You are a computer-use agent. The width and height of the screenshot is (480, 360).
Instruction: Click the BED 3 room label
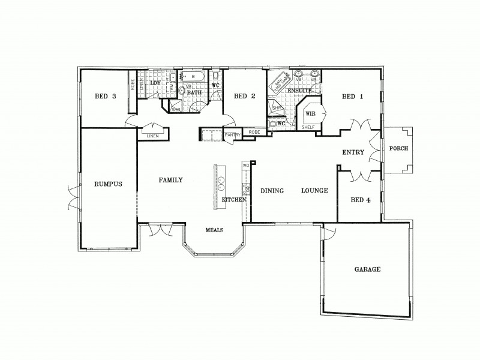tap(105, 96)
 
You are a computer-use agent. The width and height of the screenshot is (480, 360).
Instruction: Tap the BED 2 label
tap(245, 96)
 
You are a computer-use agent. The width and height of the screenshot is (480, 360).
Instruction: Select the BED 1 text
tap(352, 96)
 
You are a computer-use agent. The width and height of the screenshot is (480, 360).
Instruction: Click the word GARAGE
tap(367, 269)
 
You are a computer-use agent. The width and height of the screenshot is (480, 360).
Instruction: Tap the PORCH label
tap(399, 149)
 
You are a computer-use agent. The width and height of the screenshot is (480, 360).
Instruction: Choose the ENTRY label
tap(353, 152)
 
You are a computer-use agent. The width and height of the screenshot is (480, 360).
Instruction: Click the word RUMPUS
tap(108, 184)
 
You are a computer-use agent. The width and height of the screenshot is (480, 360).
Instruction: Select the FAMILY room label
tap(170, 179)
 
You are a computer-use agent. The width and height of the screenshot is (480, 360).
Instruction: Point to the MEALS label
tap(215, 229)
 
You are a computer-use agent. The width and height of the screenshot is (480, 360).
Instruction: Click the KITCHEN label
tap(234, 199)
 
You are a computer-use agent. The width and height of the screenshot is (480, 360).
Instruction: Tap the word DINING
tap(272, 191)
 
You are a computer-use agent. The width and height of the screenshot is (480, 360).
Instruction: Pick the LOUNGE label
tap(314, 191)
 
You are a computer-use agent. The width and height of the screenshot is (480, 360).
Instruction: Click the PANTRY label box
tap(233, 136)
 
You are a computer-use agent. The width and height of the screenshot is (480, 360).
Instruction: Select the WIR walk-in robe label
tap(311, 113)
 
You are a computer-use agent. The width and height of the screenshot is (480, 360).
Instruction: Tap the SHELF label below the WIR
tap(308, 127)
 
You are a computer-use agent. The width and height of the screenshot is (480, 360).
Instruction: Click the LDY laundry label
tap(155, 83)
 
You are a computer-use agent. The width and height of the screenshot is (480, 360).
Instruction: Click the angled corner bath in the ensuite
tap(278, 85)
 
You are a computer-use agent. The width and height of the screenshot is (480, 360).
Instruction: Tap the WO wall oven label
tap(245, 165)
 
